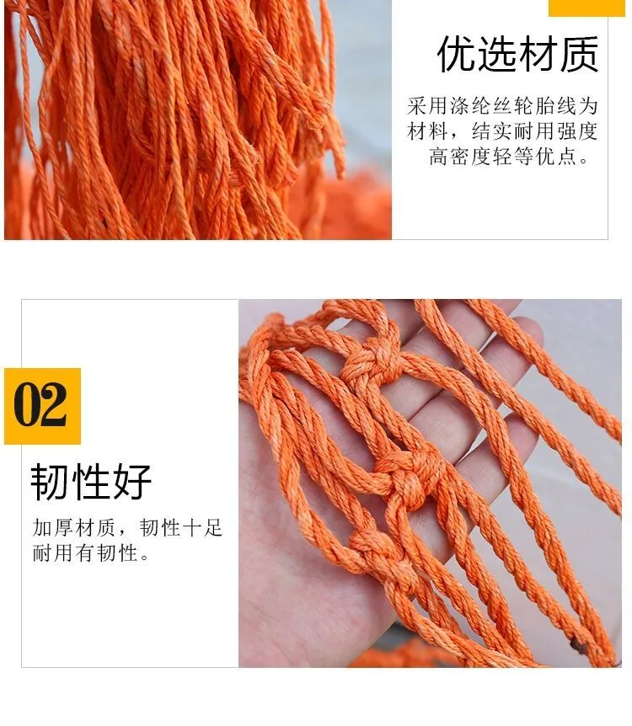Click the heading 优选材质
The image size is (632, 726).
[x=517, y=54]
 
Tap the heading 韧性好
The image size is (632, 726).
[x=91, y=482]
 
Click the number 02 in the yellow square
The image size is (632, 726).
[x=40, y=404]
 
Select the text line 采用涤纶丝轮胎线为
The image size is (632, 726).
[x=502, y=106]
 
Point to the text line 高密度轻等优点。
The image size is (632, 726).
[x=509, y=157]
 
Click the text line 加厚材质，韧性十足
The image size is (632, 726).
[x=127, y=528]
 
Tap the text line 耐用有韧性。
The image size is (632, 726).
[x=91, y=553]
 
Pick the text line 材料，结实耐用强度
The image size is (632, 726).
[x=502, y=131]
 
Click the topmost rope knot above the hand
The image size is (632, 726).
[x=371, y=362]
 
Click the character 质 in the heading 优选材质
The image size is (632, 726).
[x=579, y=54]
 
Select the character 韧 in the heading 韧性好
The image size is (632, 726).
[x=50, y=482]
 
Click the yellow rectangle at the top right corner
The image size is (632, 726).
[x=586, y=8]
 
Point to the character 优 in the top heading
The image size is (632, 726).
[x=456, y=54]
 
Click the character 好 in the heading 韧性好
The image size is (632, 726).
[x=132, y=482]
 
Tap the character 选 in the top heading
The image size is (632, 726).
[x=496, y=54]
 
